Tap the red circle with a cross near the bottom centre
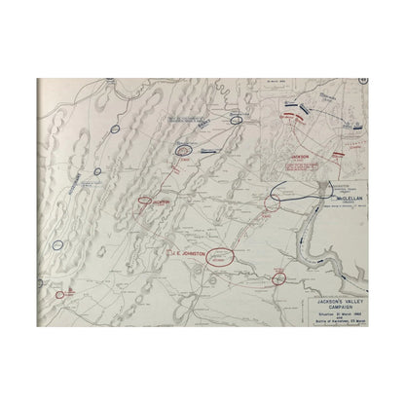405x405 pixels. [x=279, y=279]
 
